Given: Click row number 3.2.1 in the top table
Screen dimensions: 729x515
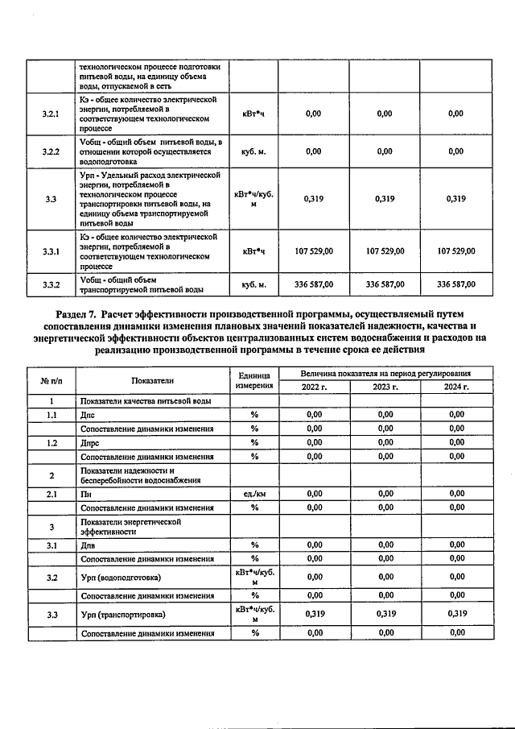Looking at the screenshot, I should (51, 114).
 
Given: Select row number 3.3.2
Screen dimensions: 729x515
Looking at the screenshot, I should (51, 284).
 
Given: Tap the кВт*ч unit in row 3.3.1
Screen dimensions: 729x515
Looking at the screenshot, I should (253, 251).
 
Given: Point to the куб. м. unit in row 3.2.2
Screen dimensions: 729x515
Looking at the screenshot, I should (253, 151).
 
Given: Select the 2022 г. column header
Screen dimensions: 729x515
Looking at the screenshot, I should (315, 387).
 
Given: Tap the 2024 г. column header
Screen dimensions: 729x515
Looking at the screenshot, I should (456, 387).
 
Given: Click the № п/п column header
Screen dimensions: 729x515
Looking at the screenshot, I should (51, 380).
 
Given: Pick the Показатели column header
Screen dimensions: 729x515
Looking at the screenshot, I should (152, 380).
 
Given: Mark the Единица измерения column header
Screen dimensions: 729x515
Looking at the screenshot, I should (253, 380).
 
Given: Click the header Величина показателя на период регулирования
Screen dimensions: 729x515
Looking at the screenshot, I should (385, 374).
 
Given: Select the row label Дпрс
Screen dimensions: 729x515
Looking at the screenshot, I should (91, 442).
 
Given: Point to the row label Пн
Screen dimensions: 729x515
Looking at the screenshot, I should (85, 494).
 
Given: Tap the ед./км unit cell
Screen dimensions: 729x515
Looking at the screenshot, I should (253, 494).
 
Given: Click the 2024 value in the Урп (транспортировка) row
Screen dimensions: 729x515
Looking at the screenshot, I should (456, 615).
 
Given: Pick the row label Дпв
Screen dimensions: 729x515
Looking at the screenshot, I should (89, 545).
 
